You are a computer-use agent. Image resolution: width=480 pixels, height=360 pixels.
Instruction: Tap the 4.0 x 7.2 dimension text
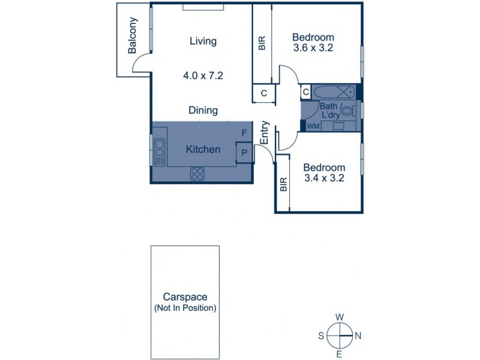pyautogui.click(x=203, y=76)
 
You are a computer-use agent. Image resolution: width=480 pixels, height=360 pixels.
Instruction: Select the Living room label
pyautogui.click(x=203, y=41)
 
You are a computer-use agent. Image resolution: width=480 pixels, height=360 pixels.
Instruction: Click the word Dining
pyautogui.click(x=203, y=110)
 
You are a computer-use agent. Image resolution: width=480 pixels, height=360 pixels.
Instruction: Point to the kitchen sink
pyautogui.click(x=160, y=152)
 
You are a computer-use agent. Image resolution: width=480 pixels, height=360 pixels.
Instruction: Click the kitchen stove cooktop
pyautogui.click(x=198, y=174)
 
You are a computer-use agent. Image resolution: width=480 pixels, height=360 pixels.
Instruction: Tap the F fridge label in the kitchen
pyautogui.click(x=244, y=133)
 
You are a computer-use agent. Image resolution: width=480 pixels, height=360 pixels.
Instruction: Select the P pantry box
pyautogui.click(x=244, y=152)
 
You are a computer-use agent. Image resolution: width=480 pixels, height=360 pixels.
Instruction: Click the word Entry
pyautogui.click(x=265, y=133)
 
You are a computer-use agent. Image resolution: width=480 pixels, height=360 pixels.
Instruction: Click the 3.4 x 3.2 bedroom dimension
pyautogui.click(x=323, y=178)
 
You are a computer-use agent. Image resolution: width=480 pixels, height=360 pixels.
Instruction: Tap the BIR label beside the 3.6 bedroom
pyautogui.click(x=262, y=44)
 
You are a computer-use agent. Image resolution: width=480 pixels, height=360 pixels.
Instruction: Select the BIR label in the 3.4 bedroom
pyautogui.click(x=283, y=185)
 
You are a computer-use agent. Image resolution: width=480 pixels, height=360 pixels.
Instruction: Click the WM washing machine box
pyautogui.click(x=313, y=126)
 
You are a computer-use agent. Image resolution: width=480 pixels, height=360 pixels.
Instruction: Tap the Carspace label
pyautogui.click(x=184, y=296)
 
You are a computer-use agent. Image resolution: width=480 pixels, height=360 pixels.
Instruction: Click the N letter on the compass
pyautogui.click(x=357, y=336)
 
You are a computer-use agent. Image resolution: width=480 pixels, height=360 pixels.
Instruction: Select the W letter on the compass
pyautogui.click(x=339, y=317)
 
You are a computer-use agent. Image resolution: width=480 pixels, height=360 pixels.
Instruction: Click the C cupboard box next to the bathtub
pyautogui.click(x=305, y=92)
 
